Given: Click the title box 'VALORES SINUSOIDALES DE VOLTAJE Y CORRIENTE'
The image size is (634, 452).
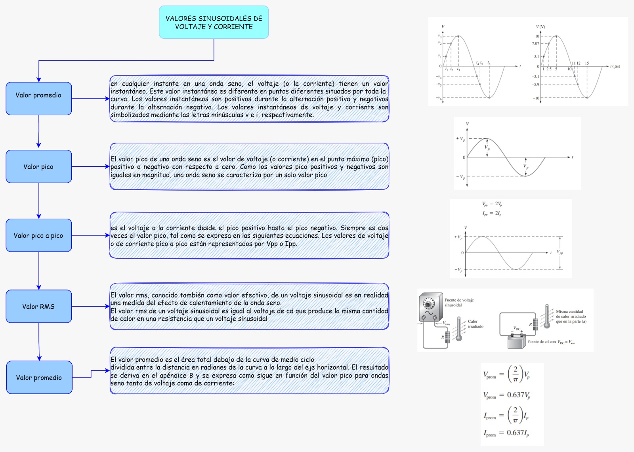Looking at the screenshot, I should tap(214, 22).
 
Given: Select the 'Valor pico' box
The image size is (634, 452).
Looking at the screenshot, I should tap(38, 166).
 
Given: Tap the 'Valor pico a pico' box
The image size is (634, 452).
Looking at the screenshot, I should tap(38, 235).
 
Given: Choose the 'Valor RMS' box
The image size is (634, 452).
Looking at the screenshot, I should tap(38, 306).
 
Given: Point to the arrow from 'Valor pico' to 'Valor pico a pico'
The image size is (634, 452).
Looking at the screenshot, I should tap(39, 200).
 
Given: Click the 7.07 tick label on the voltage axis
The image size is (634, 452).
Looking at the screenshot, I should tap(535, 44).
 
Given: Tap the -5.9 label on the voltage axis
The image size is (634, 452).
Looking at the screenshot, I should tap(535, 84).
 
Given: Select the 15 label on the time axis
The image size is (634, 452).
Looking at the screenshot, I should tap(587, 63).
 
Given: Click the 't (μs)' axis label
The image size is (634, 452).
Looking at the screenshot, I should tap(615, 67).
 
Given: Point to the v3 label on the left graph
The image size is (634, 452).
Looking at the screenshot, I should tap(439, 36).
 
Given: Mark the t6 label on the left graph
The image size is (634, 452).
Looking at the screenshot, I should tap(489, 63).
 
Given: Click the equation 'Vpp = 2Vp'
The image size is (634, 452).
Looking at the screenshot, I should tap(492, 204).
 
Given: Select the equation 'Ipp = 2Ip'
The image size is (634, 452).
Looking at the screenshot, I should tap(492, 214).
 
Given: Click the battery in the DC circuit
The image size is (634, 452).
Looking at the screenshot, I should tap(516, 341).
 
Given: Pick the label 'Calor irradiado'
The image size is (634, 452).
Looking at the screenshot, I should tap(475, 324).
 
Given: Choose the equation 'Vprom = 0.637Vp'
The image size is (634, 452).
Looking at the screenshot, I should tap(506, 395).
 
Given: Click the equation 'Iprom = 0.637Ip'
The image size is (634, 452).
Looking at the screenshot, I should tap(506, 433).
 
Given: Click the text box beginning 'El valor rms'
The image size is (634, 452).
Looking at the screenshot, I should tap(249, 307).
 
